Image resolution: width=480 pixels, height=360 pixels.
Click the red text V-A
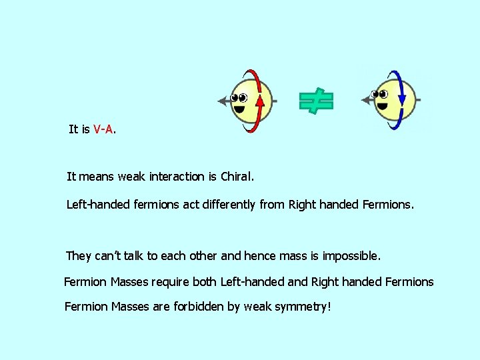(x=103, y=129)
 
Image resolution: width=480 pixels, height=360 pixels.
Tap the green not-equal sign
(x=316, y=101)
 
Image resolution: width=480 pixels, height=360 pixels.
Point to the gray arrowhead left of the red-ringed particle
(x=223, y=101)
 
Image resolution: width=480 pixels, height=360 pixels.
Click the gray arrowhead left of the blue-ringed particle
(x=365, y=101)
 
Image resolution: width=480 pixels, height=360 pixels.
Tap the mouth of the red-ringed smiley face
(x=239, y=108)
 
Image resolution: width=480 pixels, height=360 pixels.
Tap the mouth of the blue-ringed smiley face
(x=382, y=105)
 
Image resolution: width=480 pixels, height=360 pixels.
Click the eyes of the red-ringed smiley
(x=238, y=98)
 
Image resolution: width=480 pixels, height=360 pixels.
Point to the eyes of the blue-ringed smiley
(x=381, y=95)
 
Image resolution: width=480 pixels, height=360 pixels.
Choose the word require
(x=170, y=282)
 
